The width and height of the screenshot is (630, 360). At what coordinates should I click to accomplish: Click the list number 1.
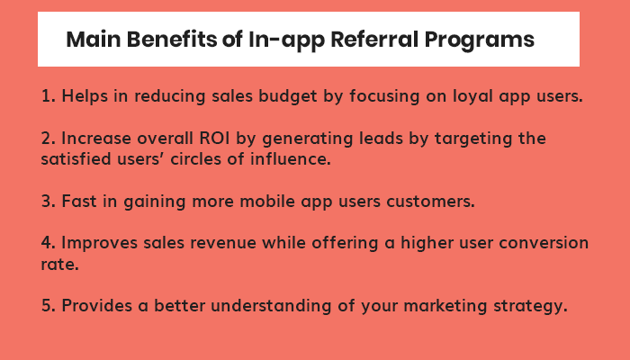pos(46,96)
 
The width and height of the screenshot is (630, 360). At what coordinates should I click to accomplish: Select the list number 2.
pos(47,139)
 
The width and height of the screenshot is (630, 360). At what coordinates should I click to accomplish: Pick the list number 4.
pos(47,245)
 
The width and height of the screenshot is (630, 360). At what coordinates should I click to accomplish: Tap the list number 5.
pos(47,306)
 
